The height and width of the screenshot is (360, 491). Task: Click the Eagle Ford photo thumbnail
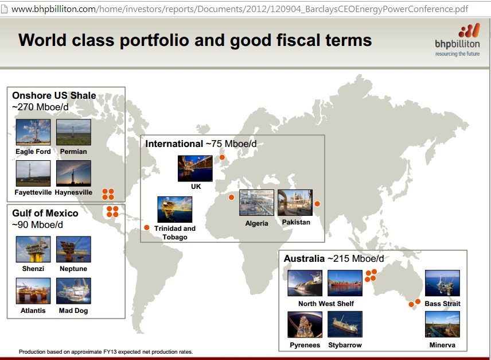tap(33, 132)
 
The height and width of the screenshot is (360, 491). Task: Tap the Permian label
tap(73, 152)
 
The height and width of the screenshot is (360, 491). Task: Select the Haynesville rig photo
tap(73, 173)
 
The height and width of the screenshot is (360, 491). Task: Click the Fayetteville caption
tap(33, 192)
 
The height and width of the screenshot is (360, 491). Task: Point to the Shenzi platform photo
tap(33, 249)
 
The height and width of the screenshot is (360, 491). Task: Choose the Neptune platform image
tap(73, 249)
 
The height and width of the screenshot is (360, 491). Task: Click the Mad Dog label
tap(73, 311)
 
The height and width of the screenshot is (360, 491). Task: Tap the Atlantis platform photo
tap(33, 291)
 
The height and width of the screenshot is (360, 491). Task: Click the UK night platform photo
tap(195, 168)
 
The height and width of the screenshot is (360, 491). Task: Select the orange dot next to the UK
tap(222, 157)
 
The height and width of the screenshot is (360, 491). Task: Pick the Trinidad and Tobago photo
tap(175, 210)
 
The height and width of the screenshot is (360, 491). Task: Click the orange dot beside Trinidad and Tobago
tap(146, 227)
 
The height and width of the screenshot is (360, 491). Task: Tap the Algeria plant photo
tap(256, 203)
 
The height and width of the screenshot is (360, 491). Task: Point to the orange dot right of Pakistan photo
tap(317, 204)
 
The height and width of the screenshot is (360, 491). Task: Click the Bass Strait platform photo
tap(442, 283)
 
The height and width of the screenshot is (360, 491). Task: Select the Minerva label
tap(442, 345)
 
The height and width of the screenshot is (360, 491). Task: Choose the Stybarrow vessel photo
tap(345, 324)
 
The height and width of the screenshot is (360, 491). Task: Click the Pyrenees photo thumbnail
tap(305, 324)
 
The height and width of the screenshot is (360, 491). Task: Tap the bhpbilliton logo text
tap(457, 44)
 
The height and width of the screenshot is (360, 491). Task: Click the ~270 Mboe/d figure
tap(40, 107)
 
